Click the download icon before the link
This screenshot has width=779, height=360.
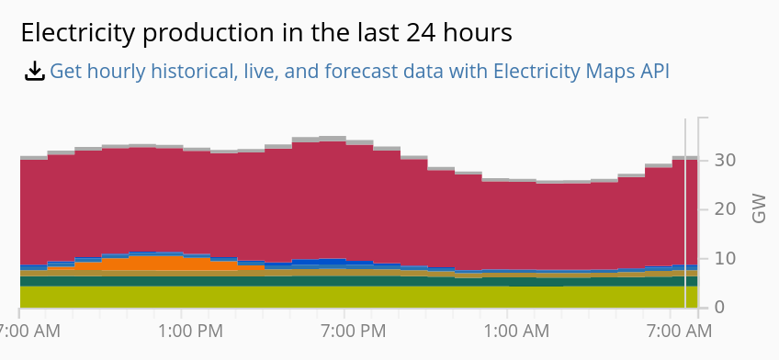(x=34, y=71)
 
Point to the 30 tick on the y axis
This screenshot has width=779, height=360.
(x=725, y=160)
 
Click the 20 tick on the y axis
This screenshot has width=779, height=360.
(x=725, y=209)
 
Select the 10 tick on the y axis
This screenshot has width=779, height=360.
(x=725, y=258)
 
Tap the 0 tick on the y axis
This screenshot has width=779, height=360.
(x=720, y=307)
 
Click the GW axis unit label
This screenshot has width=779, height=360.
(x=759, y=208)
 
